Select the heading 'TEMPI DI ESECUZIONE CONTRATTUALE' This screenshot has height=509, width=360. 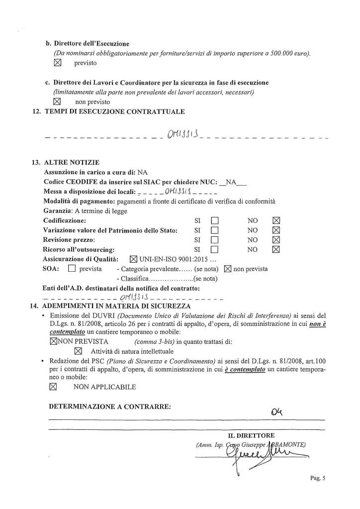[x=114, y=111]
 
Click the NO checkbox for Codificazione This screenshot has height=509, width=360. [x=277, y=220]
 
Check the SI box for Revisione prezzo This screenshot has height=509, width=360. [x=215, y=239]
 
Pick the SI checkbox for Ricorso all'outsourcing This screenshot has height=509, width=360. [x=215, y=249]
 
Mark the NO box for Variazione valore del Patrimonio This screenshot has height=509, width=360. [x=277, y=230]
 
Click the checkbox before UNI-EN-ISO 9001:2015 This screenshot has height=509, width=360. [x=133, y=259]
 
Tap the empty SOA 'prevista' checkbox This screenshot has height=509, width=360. [x=71, y=269]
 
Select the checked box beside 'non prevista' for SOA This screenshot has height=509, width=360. [x=228, y=269]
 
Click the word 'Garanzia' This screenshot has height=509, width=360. [x=58, y=210]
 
